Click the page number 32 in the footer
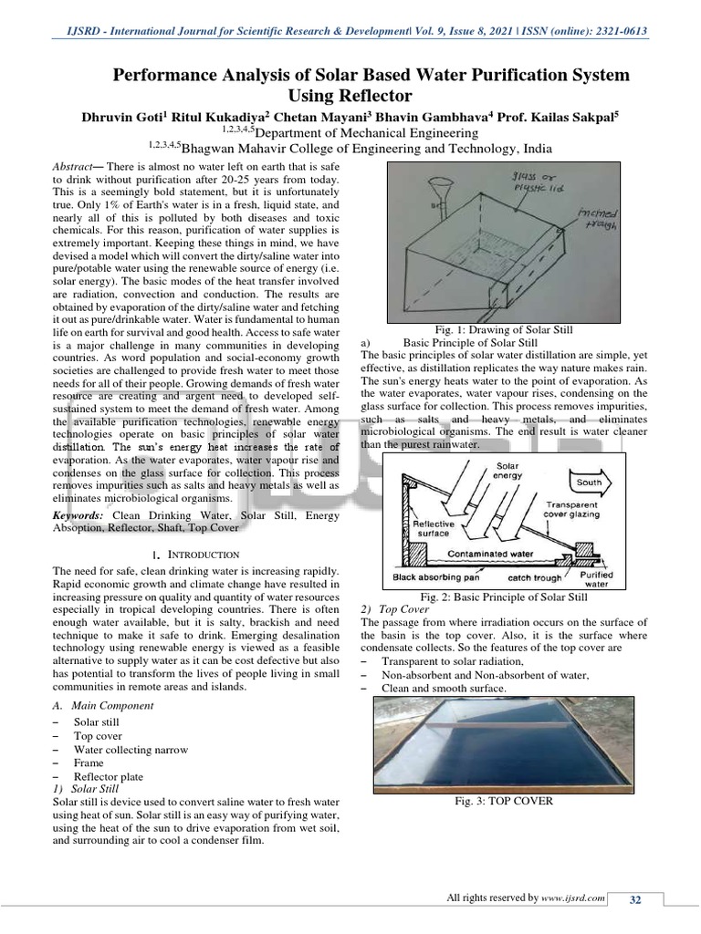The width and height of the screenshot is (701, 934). (x=635, y=900)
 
